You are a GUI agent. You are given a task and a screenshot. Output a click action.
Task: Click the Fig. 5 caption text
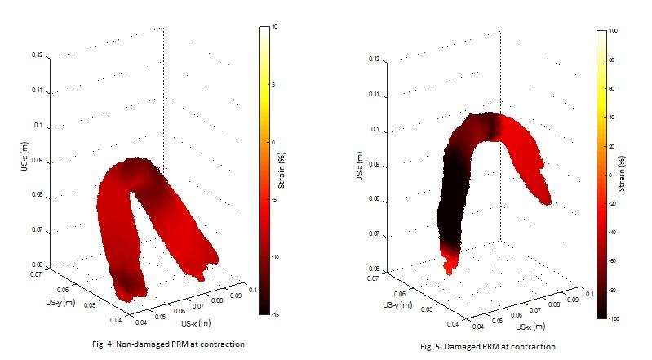(488, 347)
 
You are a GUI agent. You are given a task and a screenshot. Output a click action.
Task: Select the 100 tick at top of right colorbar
(613, 30)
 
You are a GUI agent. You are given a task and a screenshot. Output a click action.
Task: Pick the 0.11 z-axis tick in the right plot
(372, 95)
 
